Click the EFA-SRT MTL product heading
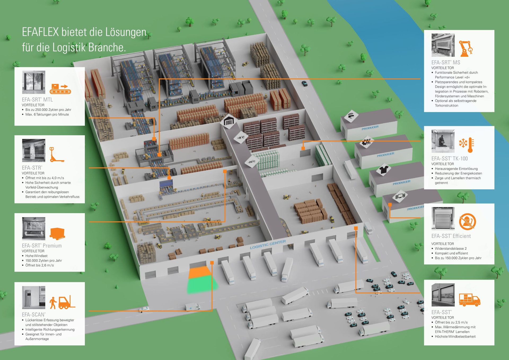coord(37,100)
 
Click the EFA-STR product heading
coord(32,168)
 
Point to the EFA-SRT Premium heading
coord(42,246)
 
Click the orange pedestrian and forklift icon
coord(63,302)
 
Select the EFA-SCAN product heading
coord(34,315)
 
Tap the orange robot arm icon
coord(466,49)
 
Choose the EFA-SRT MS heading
coord(446,63)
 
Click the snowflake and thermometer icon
coord(466,145)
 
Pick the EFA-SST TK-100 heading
coord(450,159)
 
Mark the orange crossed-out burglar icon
coord(467,222)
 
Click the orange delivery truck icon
coord(469,300)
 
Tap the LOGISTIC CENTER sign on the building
coord(268,244)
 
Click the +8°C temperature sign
coord(241,137)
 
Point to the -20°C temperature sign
coord(252,161)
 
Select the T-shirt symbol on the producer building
coord(384,169)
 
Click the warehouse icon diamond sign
coord(229,121)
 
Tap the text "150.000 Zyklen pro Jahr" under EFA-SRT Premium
coord(43,261)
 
